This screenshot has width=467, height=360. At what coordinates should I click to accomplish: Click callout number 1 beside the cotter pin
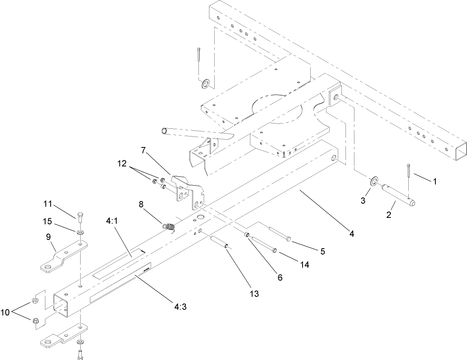(435, 182)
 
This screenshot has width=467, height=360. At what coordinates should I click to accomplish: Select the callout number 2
(388, 215)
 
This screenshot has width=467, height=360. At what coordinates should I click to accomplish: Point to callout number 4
(352, 234)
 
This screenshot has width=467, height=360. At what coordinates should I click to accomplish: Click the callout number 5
(322, 251)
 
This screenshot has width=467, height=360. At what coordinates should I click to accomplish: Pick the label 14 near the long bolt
(304, 264)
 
